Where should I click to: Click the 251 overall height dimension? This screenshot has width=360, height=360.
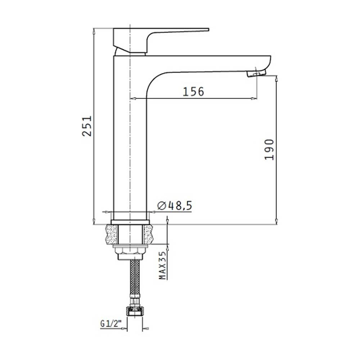pos(87,126)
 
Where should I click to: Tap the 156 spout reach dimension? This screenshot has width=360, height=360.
pos(193,91)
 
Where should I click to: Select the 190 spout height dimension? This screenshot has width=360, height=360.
pos(269,149)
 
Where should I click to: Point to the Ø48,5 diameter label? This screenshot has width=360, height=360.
pos(175,206)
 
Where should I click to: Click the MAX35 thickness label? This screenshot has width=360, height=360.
pos(163,265)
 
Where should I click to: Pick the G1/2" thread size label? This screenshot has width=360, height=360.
pos(111,324)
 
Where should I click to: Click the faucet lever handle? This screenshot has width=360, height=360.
pos(161,40)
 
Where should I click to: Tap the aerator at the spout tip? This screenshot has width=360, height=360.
pos(256,73)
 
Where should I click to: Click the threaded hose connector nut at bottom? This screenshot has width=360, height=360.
pos(135,311)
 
